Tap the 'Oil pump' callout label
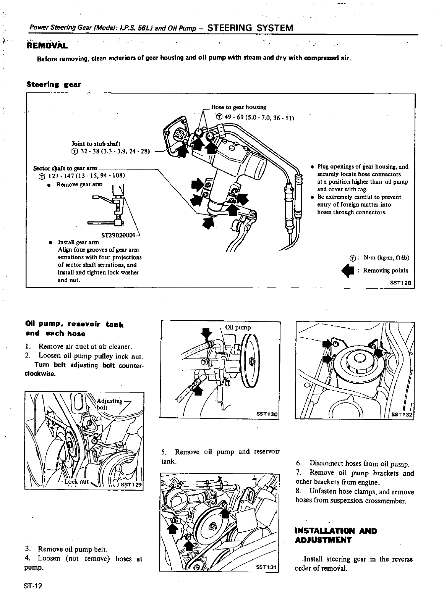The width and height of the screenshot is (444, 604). click(x=238, y=327)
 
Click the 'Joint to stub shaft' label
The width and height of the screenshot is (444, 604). click(x=96, y=144)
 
